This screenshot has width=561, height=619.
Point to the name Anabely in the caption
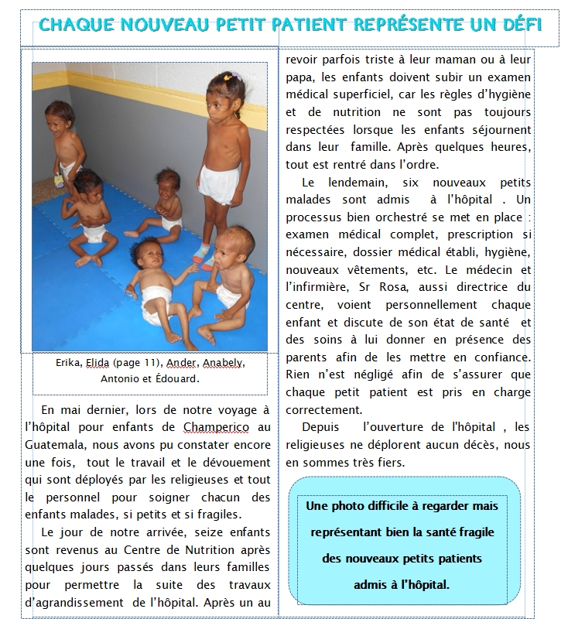[220, 363]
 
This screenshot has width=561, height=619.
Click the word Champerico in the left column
[213, 426]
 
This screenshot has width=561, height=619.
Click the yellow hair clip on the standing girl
[227, 77]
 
